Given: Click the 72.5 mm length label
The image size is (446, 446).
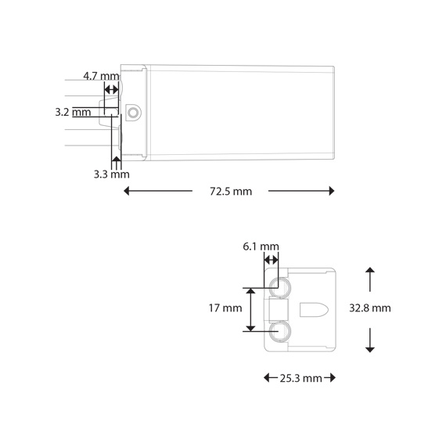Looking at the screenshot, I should click(231, 192).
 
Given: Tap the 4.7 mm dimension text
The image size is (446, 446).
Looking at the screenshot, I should click(101, 77).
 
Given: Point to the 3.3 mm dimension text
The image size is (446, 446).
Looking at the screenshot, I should click(111, 174).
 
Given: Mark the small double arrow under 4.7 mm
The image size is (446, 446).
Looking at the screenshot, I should click(111, 91).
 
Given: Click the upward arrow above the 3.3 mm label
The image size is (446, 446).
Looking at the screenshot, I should click(117, 162).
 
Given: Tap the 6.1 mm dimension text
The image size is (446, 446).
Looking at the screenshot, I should click(261, 246).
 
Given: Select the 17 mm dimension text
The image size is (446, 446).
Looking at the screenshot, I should click(226, 308).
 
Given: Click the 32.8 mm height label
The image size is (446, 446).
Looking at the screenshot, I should click(370, 308).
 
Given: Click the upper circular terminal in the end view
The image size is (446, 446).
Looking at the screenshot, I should click(278, 287).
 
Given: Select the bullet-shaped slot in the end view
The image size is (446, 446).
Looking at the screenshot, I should click(314, 309).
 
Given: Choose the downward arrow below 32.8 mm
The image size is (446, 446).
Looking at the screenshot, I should click(370, 339).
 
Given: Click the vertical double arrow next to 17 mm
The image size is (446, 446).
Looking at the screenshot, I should click(251, 309).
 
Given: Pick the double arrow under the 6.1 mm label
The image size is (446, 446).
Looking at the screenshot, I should click(271, 260).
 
